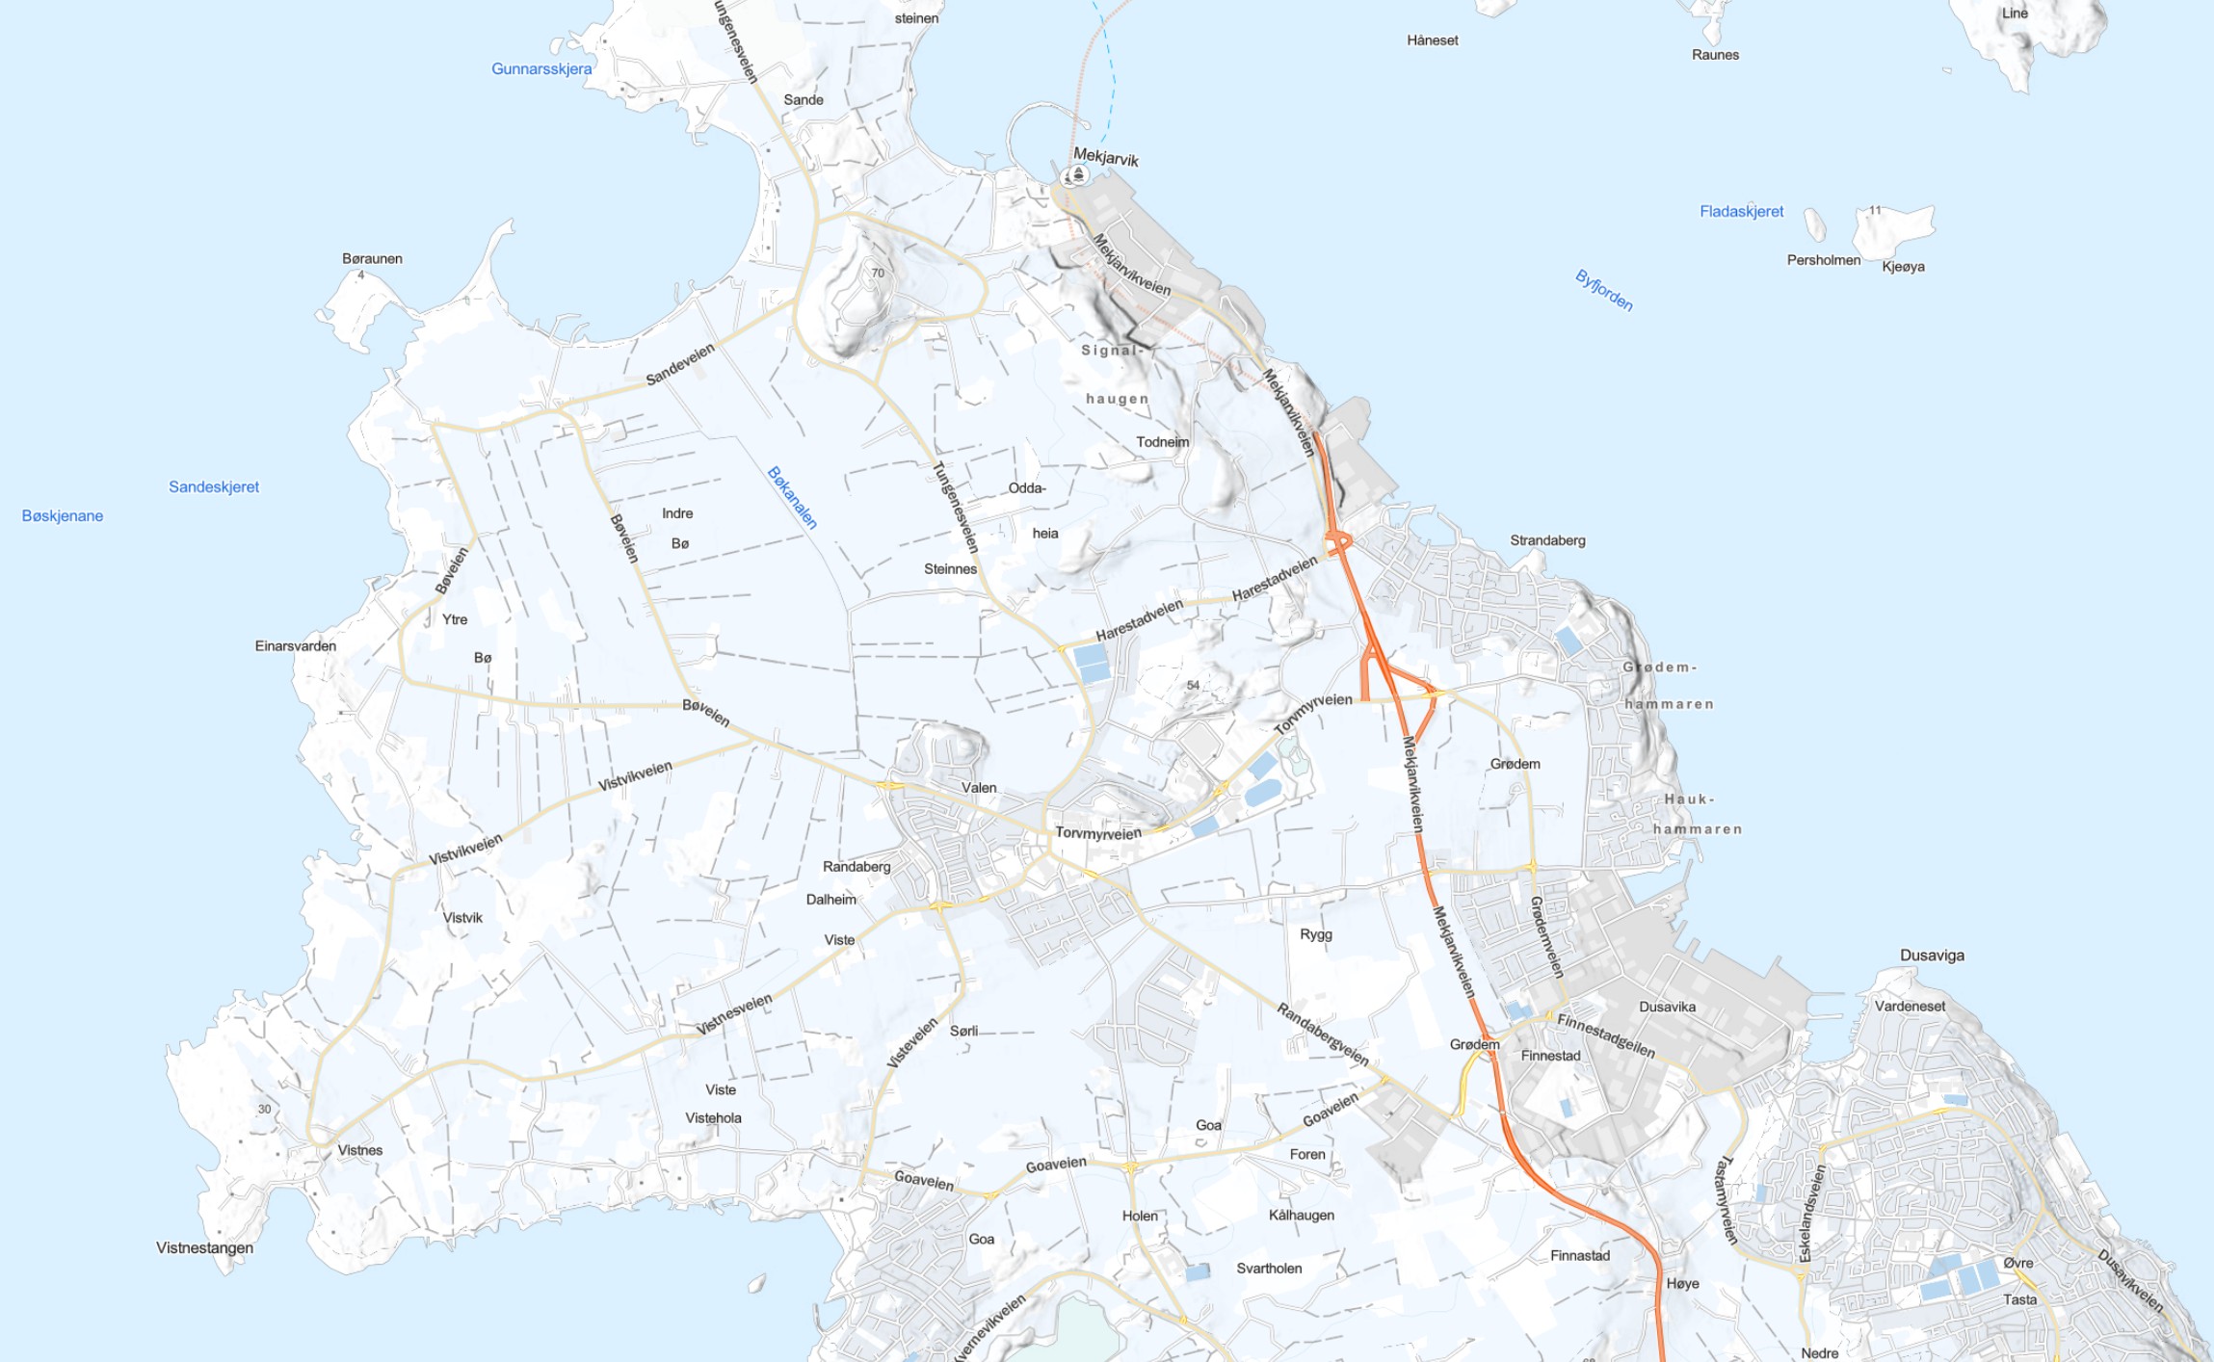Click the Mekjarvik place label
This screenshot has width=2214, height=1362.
[x=1105, y=157]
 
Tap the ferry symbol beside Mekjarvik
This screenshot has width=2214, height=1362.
[x=1077, y=174]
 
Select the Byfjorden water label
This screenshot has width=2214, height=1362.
[x=1604, y=290]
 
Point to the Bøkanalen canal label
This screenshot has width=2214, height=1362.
[x=792, y=497]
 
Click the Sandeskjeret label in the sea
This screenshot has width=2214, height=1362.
[x=214, y=487]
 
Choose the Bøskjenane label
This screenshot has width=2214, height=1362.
[x=63, y=516]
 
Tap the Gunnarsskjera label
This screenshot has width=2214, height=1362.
[x=541, y=69]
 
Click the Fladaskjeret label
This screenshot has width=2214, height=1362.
[x=1741, y=212]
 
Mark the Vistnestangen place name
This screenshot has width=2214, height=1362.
[x=205, y=1248]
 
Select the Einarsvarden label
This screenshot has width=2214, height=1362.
[x=296, y=646]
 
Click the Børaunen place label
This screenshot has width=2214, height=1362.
[x=372, y=259]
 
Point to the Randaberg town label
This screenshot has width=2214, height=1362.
[x=857, y=867]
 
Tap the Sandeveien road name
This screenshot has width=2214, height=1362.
[x=680, y=364]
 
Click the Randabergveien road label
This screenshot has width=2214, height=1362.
[x=1322, y=1035]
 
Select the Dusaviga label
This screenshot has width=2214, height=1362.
[x=1932, y=956]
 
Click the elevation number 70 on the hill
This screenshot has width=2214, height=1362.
[x=878, y=274]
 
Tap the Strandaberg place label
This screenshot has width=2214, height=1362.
[x=1547, y=540]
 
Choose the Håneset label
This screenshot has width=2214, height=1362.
[x=1433, y=40]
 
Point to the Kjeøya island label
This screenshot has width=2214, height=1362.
[x=1903, y=267]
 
